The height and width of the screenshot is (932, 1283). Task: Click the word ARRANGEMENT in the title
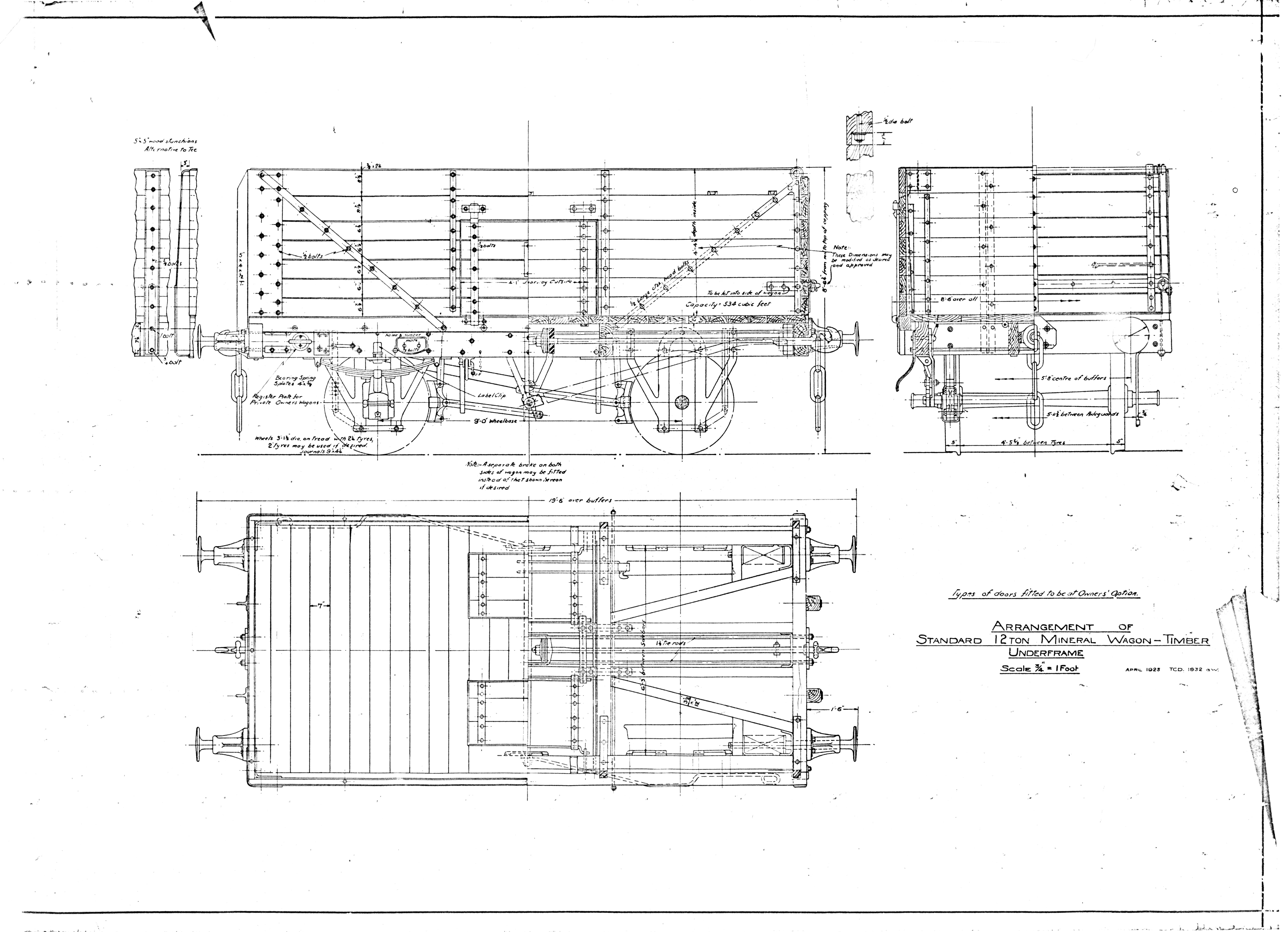click(1031, 626)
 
